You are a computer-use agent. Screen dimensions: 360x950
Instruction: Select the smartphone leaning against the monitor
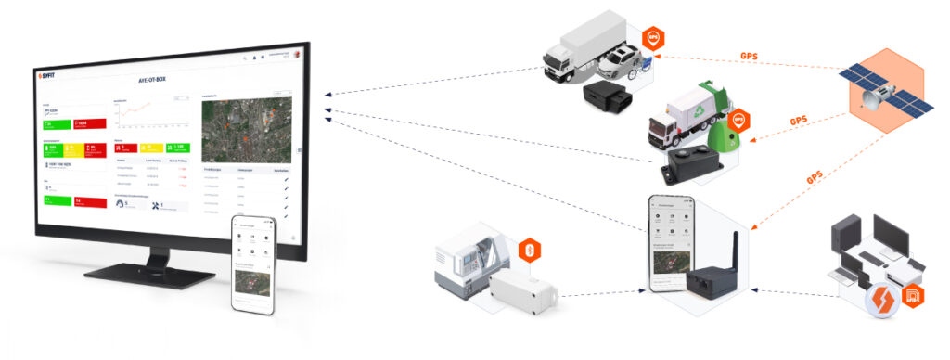(x=253, y=264)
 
